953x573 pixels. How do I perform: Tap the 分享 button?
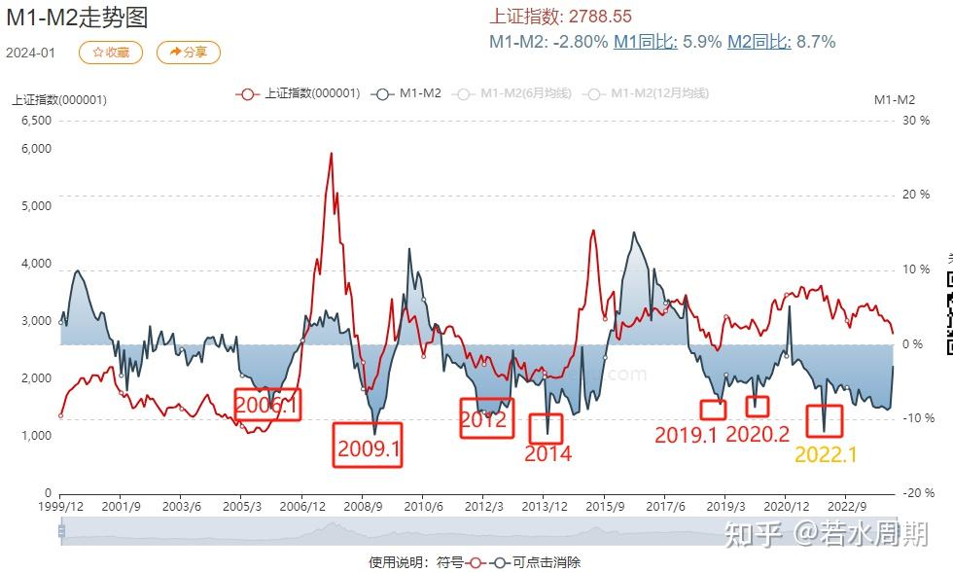point(188,53)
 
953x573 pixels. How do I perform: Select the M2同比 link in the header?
point(759,42)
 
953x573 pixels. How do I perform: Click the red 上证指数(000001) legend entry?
point(300,93)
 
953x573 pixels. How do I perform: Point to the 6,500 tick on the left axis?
point(36,121)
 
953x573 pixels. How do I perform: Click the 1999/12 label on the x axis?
point(60,507)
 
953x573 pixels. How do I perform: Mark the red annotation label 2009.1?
point(368,448)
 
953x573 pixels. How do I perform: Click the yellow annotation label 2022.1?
point(826,454)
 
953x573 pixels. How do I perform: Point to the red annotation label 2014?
point(547,453)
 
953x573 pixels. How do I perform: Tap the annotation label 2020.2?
point(758,435)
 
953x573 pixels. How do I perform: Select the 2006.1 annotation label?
point(267,405)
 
